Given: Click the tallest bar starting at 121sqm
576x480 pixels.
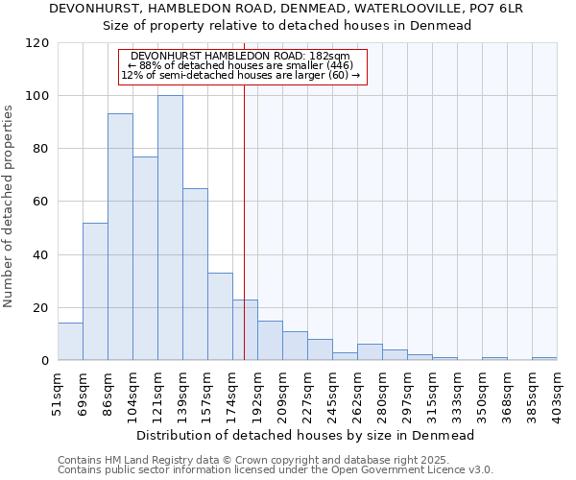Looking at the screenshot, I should click(170, 228).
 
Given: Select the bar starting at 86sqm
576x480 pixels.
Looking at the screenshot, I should click(120, 237).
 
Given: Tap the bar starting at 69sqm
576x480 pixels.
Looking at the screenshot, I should click(95, 292).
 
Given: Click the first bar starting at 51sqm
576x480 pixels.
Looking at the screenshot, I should click(70, 342).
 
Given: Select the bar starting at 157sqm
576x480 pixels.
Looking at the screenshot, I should click(220, 317).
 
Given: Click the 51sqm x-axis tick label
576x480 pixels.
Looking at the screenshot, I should click(58, 395).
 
